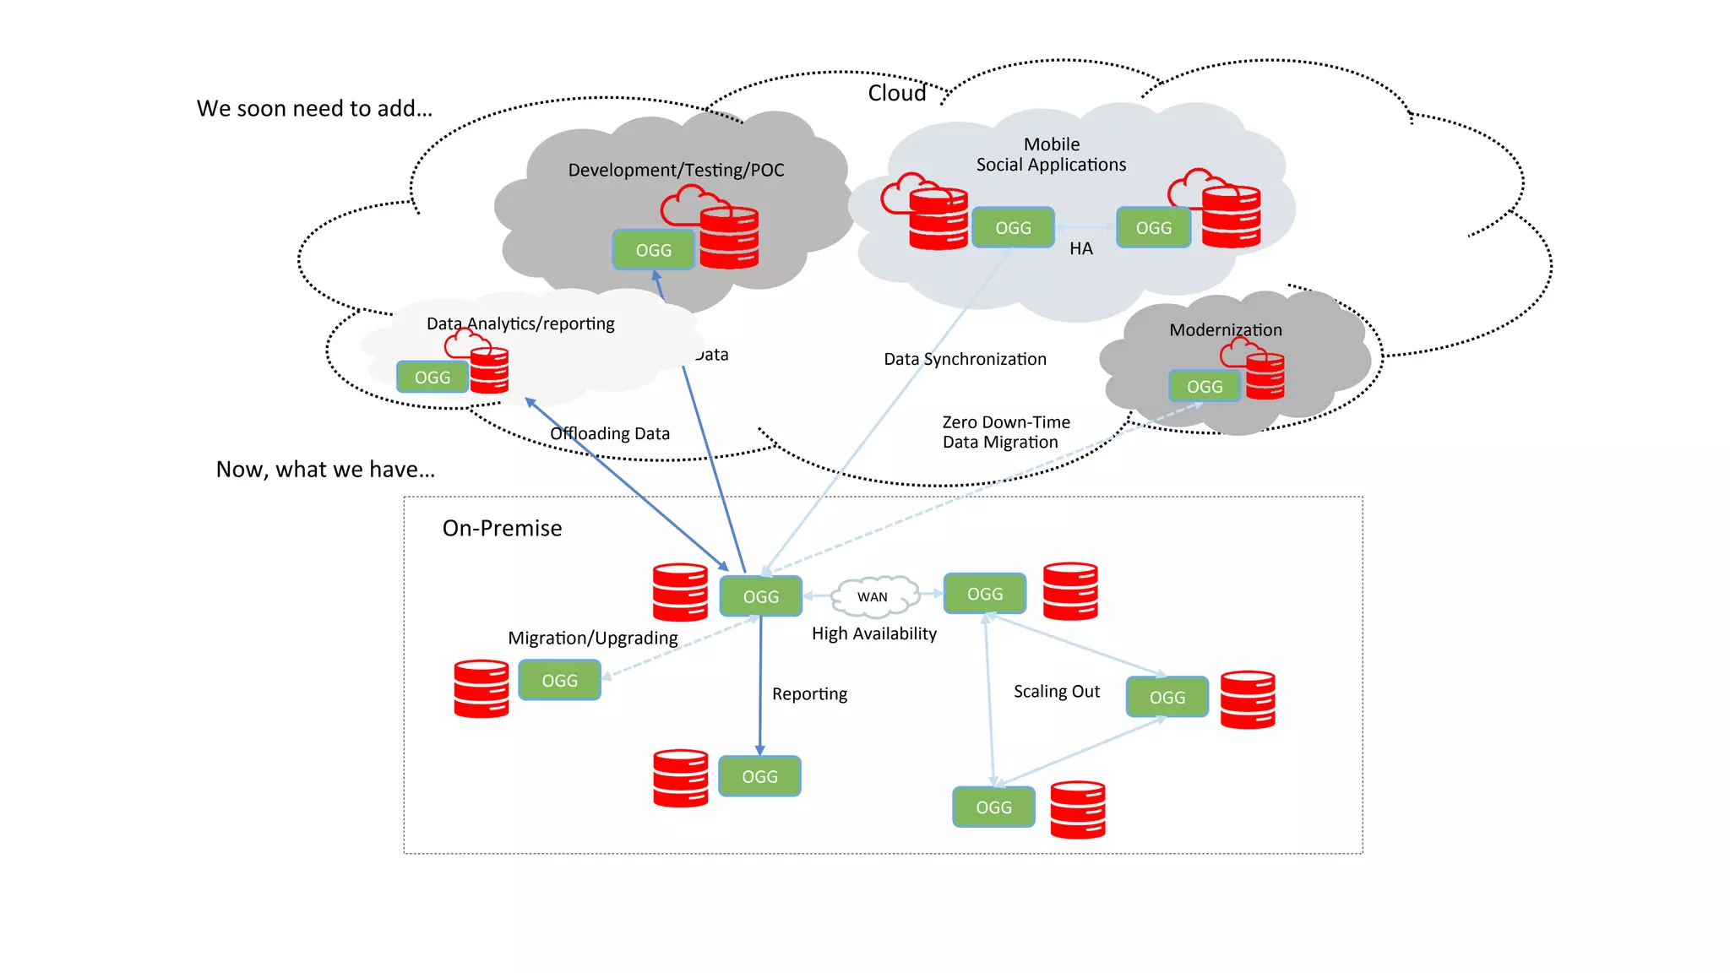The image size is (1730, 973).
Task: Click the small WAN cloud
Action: coord(873,596)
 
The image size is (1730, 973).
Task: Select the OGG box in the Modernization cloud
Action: coord(1204,386)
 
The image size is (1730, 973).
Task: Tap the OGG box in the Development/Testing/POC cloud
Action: coord(653,250)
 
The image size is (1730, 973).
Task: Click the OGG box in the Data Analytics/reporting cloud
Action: coord(432,377)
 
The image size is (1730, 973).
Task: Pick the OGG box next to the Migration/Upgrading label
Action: coord(559,680)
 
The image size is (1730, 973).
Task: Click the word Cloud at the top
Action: coord(896,93)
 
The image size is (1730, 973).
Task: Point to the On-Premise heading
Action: coord(502,528)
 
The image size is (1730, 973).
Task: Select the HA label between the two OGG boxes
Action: coord(1080,248)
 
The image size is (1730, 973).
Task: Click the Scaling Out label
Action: coord(1056,691)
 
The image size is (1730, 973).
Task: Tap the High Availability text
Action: coord(873,633)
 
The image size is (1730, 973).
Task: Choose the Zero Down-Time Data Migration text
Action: coord(1005,432)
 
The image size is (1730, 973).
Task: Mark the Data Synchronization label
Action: coord(965,359)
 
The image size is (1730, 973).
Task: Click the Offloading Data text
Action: coord(609,433)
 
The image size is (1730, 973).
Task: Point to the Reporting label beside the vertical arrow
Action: coord(809,693)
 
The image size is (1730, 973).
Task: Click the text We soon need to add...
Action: coord(314,108)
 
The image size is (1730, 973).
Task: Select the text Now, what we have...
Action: coord(325,469)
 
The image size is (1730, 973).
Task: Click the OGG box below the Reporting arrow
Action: coord(759,776)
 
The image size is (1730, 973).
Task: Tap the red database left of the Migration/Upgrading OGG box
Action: coord(481,688)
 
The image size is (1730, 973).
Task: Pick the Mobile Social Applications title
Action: coord(1051,155)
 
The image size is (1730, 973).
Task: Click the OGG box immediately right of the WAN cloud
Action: coord(984,594)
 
